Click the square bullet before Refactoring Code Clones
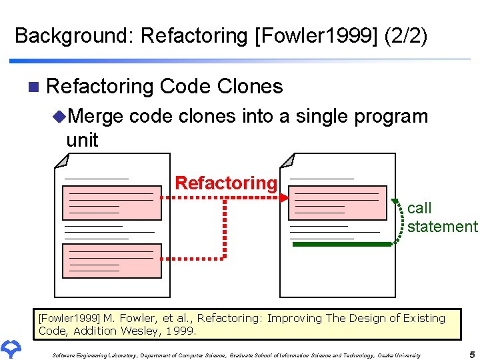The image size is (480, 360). click(x=34, y=87)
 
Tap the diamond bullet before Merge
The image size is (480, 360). click(x=59, y=117)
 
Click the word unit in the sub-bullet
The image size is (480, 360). click(x=82, y=140)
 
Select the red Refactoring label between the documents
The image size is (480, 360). click(x=225, y=183)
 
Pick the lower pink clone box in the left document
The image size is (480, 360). click(x=112, y=260)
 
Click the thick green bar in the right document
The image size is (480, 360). click(x=342, y=245)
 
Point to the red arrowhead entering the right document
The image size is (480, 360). click(x=284, y=198)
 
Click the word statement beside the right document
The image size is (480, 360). click(x=443, y=227)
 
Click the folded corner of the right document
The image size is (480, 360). click(x=287, y=161)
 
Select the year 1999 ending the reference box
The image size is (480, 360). click(x=181, y=330)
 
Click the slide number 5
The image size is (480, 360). click(x=471, y=354)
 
